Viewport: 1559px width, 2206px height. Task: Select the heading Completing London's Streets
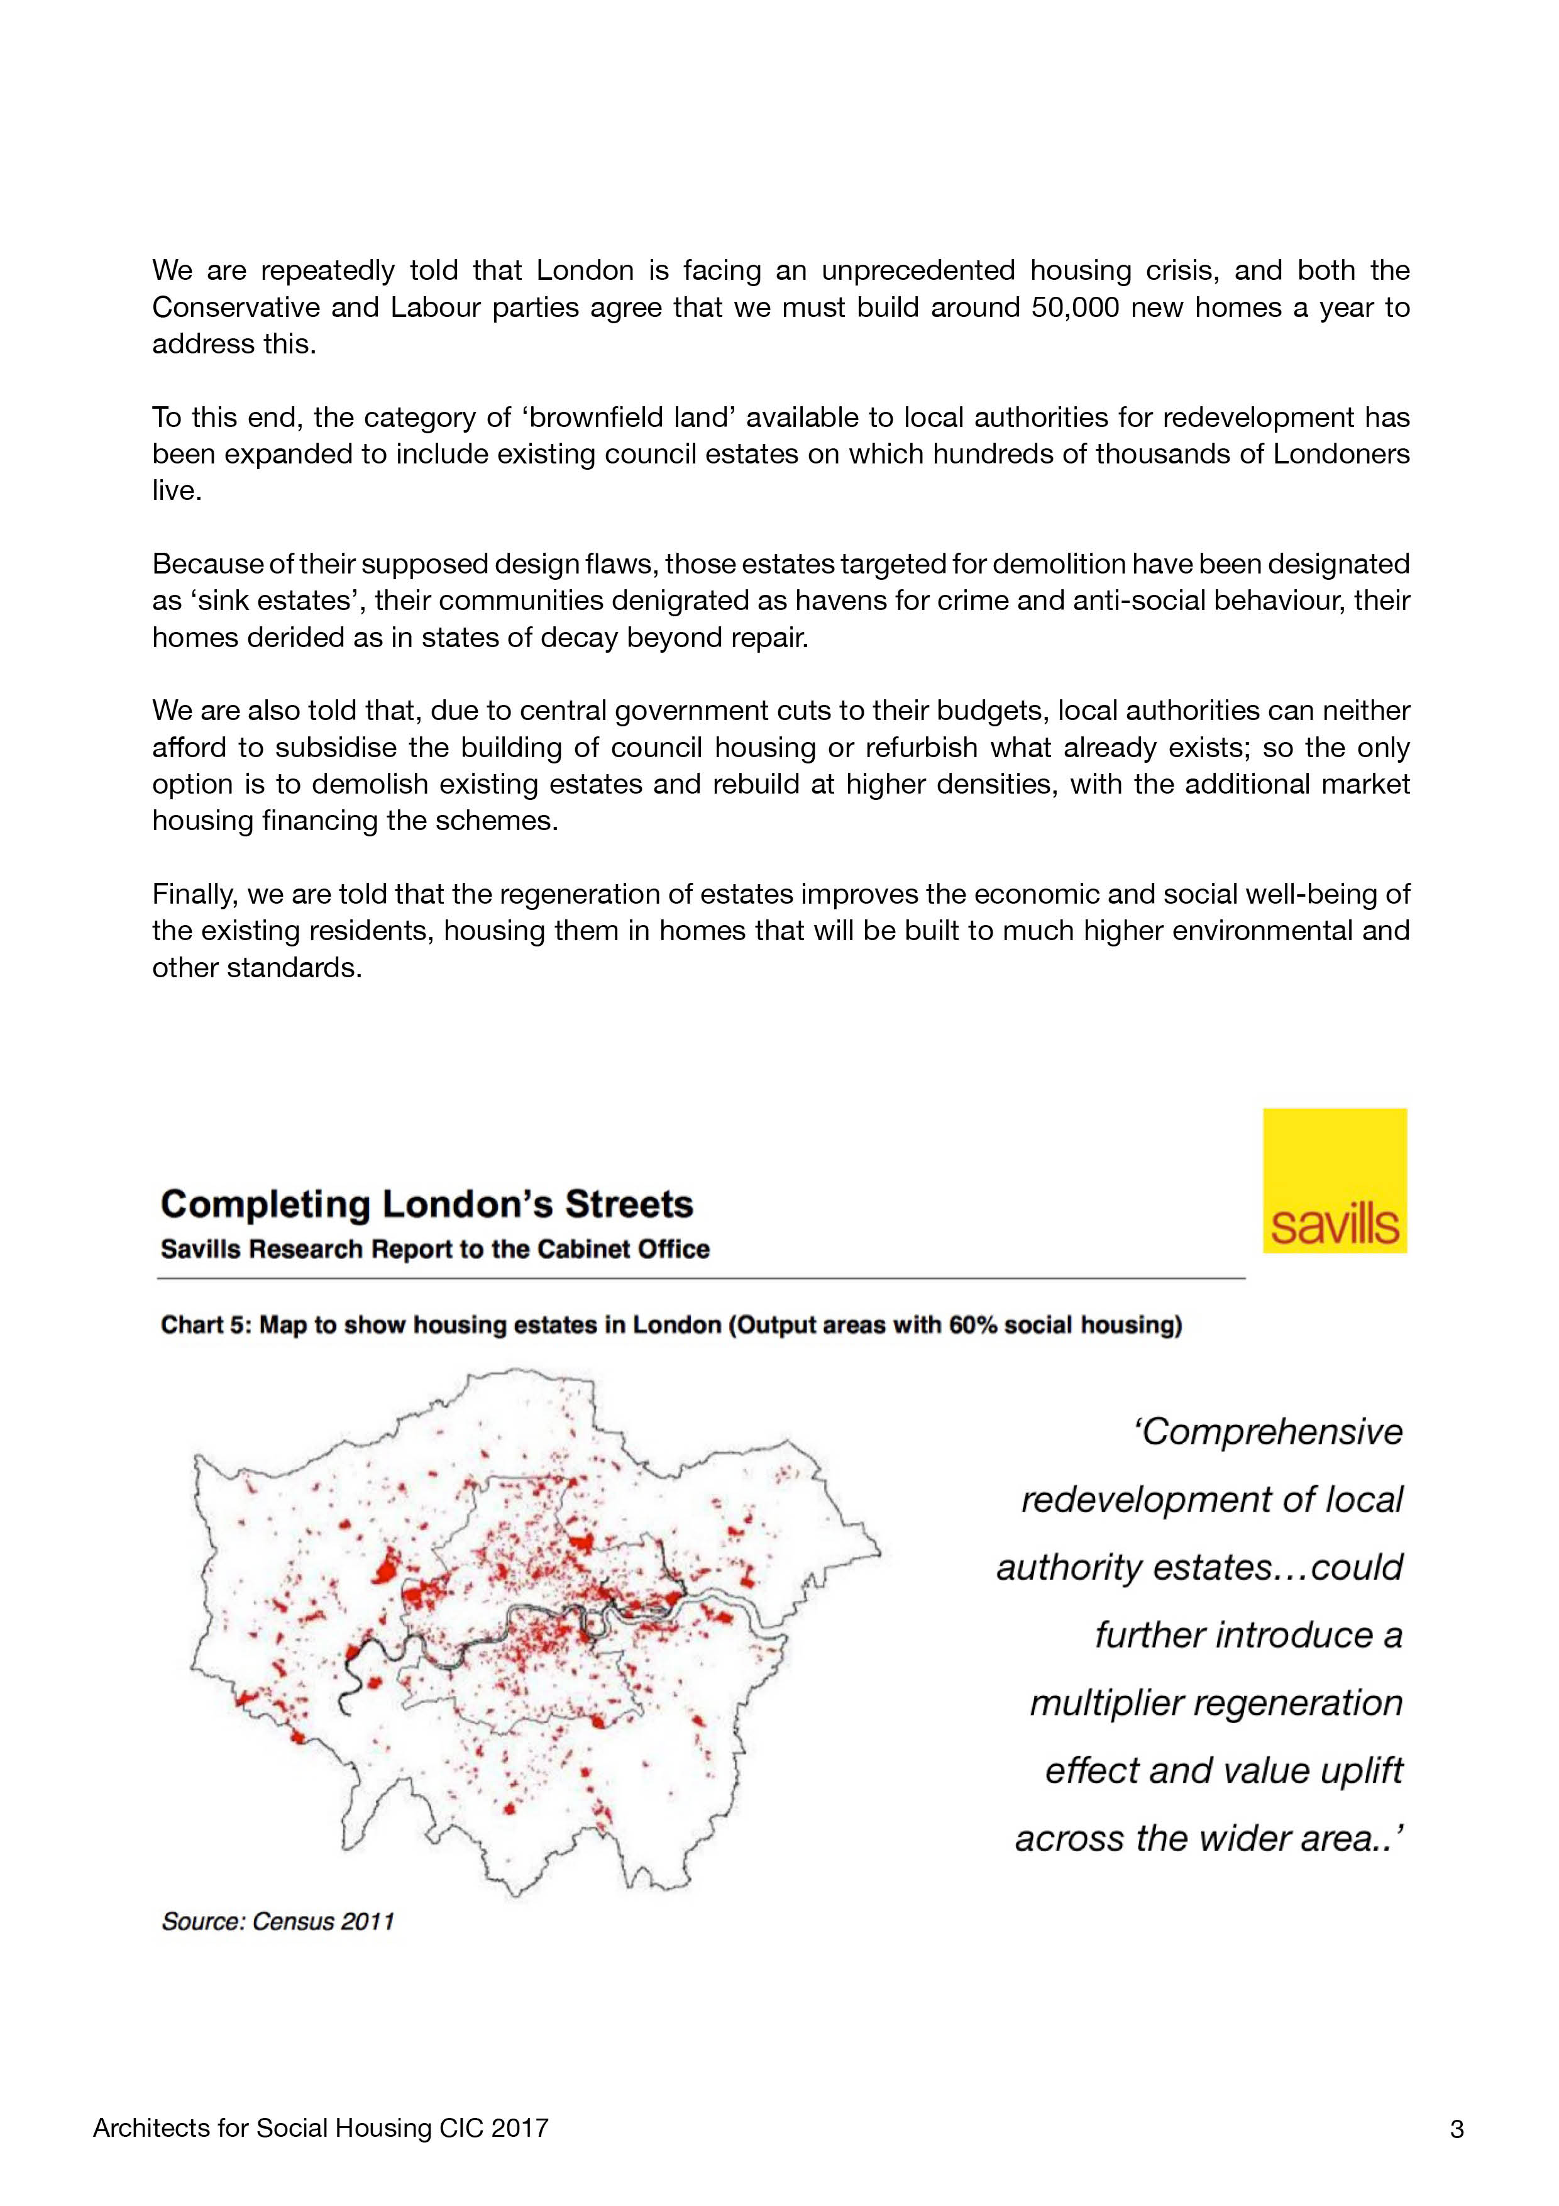[426, 1204]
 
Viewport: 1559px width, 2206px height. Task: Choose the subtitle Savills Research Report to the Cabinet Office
[434, 1249]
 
